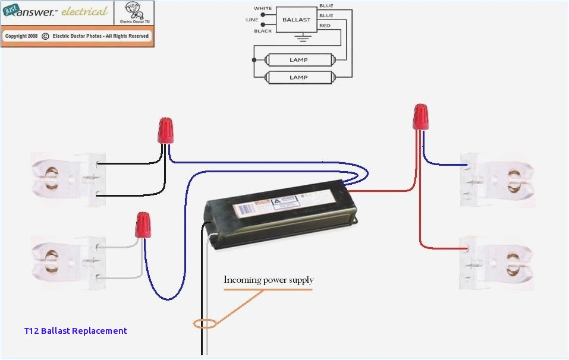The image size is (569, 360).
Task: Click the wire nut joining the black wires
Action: pos(165,130)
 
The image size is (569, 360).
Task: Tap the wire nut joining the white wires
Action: pos(142,225)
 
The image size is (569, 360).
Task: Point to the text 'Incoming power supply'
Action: pos(268,280)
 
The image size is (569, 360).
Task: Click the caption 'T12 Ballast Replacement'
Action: pos(76,331)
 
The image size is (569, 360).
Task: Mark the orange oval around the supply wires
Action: pos(205,324)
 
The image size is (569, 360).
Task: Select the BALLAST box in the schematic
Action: pos(296,20)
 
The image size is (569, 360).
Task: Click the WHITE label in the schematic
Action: pos(263,8)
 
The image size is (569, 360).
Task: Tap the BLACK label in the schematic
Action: pos(263,31)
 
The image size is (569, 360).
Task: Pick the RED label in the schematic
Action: pos(325,26)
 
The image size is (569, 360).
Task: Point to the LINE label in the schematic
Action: pos(253,20)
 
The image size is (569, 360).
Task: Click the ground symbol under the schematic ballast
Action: pos(304,38)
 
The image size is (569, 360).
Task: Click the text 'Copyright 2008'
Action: pos(21,36)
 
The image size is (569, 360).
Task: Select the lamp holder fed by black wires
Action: pos(67,179)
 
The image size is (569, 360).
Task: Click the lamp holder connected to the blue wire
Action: pos(496,179)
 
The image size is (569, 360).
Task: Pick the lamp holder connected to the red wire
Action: pos(496,261)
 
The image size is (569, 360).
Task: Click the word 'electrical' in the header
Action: pos(85,11)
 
